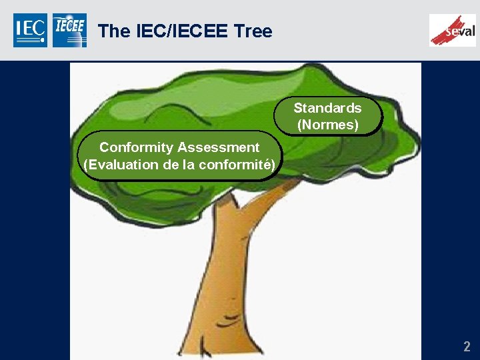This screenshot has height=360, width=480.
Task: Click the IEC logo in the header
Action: [x=30, y=30]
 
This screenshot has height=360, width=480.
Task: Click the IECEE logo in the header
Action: [x=69, y=30]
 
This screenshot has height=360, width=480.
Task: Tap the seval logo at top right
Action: [x=453, y=30]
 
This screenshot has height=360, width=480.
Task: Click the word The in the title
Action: [x=113, y=31]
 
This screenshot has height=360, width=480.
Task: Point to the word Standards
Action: [x=327, y=108]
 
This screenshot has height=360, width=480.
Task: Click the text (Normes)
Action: [x=327, y=125]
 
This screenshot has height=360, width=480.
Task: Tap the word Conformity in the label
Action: [x=136, y=147]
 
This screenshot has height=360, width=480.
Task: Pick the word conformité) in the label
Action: [x=240, y=165]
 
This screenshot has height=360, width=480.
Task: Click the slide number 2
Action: [x=467, y=346]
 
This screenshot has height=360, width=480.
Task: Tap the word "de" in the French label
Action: [x=170, y=165]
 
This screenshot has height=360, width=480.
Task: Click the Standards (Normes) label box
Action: [x=327, y=116]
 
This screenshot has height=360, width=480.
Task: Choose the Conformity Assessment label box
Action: [x=179, y=156]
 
